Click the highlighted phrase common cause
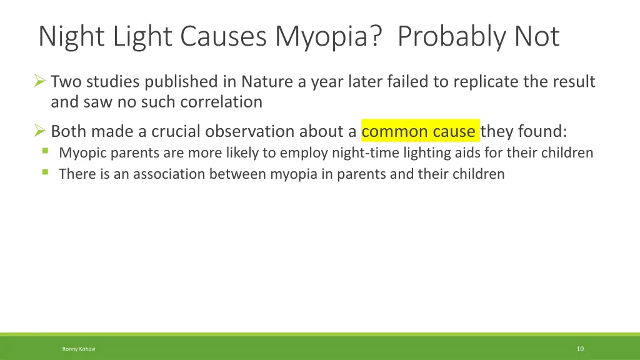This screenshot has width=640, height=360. tap(419, 132)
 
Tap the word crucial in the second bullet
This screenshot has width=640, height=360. tap(177, 132)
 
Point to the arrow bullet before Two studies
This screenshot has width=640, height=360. tap(40, 81)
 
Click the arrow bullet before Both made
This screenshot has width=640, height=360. tap(40, 131)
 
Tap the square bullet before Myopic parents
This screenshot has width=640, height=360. tap(46, 151)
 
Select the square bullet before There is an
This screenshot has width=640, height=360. tap(46, 172)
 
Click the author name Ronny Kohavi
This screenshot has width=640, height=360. tap(79, 349)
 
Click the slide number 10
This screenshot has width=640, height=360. tap(580, 349)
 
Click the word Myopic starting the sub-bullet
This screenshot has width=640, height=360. tap(83, 153)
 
